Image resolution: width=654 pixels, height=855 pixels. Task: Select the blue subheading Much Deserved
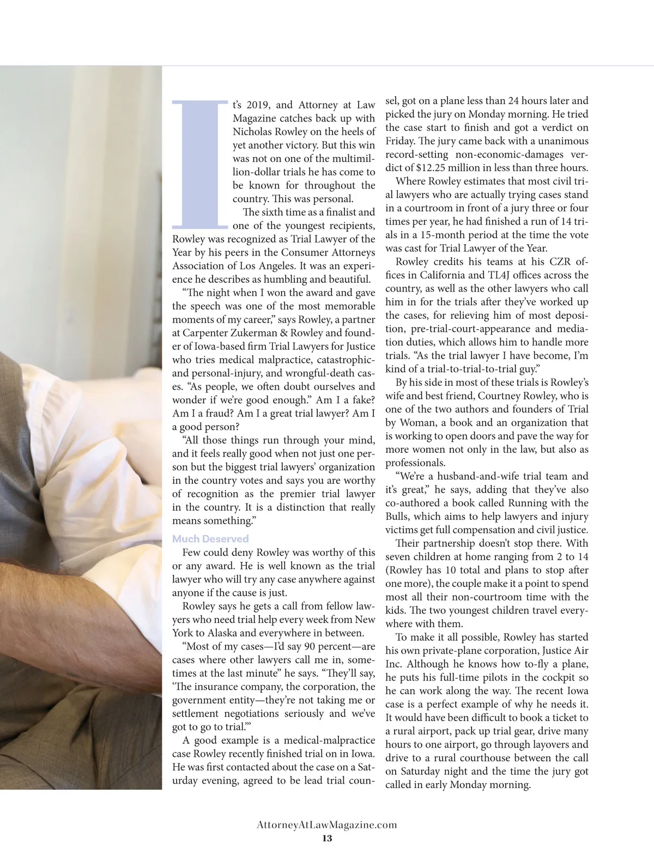point(210,539)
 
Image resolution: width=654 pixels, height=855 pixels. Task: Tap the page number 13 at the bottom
point(327,838)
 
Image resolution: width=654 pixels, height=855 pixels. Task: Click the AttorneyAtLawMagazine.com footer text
point(327,824)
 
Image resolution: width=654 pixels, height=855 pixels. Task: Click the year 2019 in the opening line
point(258,105)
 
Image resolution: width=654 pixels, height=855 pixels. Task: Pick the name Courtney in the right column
point(499,396)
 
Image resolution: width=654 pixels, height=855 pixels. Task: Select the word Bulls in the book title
point(399,517)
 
